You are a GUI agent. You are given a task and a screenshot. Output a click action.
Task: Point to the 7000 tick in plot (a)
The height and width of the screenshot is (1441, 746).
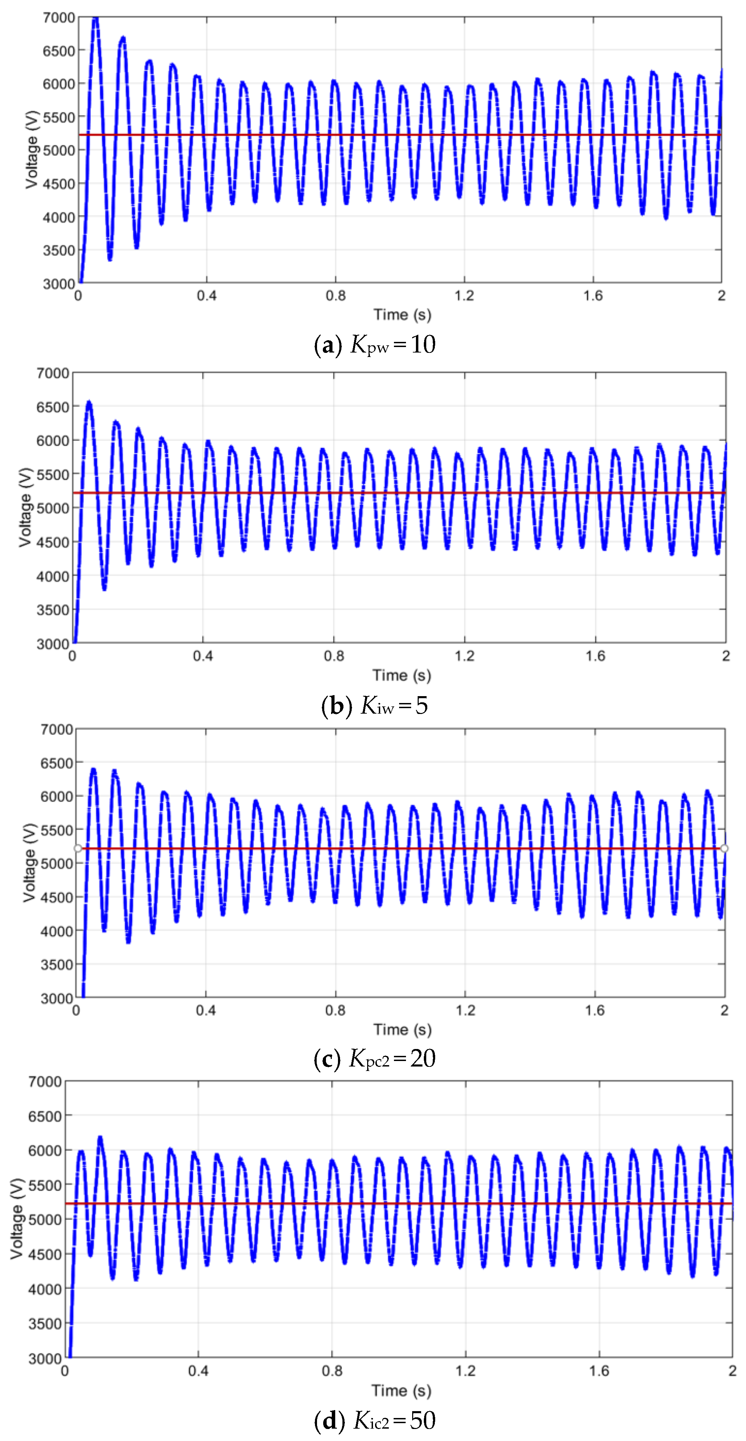(x=59, y=18)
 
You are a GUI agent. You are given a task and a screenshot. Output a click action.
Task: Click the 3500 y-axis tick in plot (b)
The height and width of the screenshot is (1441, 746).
(x=53, y=610)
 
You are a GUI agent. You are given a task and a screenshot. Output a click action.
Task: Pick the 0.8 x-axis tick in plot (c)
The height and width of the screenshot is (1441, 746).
(x=335, y=1010)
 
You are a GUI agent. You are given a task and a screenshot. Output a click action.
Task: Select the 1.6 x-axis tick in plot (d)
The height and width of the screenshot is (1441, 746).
(x=599, y=1371)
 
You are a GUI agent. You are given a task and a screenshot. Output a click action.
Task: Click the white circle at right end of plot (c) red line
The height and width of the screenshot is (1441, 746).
(x=724, y=849)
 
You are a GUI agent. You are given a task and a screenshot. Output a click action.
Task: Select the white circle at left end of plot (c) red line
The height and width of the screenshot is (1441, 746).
(x=78, y=849)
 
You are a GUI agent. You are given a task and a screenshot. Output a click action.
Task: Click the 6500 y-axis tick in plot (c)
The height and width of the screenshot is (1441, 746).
(x=57, y=763)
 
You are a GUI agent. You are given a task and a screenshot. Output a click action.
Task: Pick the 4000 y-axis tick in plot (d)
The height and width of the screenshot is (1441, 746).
(x=45, y=1289)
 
